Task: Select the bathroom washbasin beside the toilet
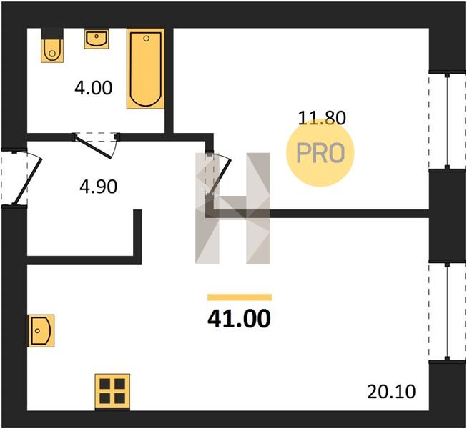click(97, 39)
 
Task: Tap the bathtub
click(146, 69)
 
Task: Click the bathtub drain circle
click(146, 38)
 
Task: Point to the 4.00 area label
click(94, 88)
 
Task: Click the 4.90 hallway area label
click(98, 187)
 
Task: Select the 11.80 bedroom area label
click(322, 117)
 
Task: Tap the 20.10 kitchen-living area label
click(391, 392)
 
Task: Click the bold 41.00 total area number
click(239, 318)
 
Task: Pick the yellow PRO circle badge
click(320, 153)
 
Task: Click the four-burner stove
click(112, 391)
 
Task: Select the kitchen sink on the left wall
click(41, 331)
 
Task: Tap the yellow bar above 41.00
click(240, 297)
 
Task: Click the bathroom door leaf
click(94, 147)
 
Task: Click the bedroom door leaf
click(220, 176)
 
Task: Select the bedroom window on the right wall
click(447, 121)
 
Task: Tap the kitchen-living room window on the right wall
click(447, 311)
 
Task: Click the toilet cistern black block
click(52, 34)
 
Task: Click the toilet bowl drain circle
click(52, 54)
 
